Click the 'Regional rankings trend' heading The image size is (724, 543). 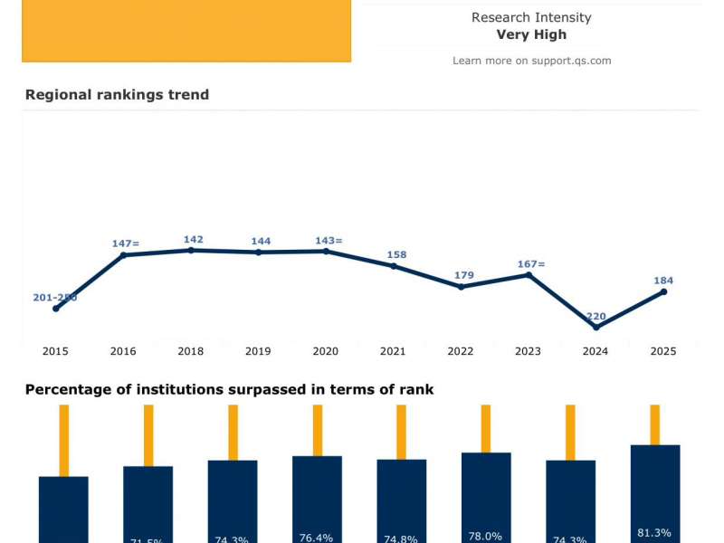point(117,95)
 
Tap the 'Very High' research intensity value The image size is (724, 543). point(531,34)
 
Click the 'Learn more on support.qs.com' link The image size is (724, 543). point(531,61)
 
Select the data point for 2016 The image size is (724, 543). point(123,255)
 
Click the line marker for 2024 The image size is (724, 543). point(595,328)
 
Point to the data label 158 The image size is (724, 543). point(396,255)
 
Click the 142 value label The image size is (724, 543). point(194,240)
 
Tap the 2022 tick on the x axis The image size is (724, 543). point(461,351)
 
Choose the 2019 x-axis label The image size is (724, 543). point(258,351)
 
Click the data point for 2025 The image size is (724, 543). point(663,291)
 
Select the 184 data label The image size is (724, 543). point(663,281)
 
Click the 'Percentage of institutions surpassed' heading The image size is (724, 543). point(229,390)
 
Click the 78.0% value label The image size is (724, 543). point(486,537)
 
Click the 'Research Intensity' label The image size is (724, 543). point(531,17)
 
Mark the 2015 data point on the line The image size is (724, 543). point(56,309)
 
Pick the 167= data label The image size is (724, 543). point(531,264)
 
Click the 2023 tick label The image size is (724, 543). point(528,351)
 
